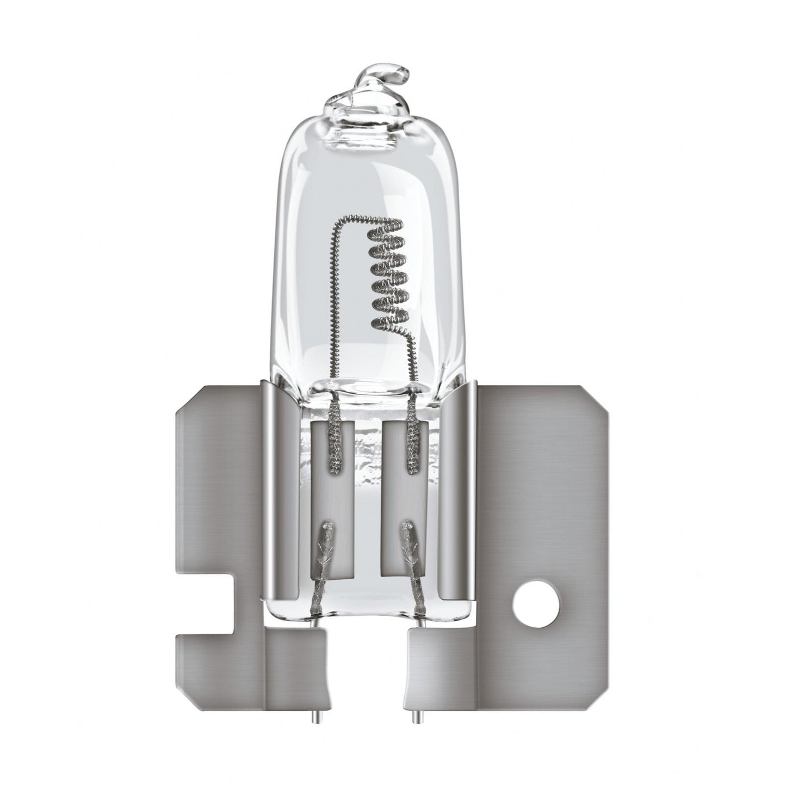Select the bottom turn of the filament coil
(389, 323)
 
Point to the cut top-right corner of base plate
(596, 394)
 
